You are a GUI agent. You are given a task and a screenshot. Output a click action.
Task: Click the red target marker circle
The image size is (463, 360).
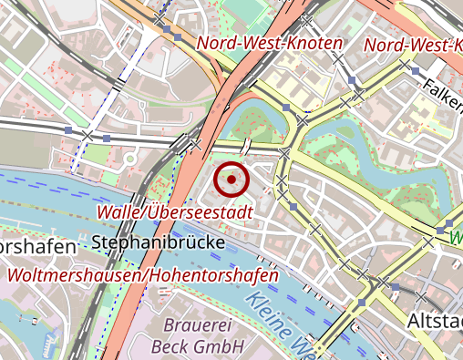tap(231, 180)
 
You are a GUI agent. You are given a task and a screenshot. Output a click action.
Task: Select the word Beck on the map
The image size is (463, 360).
tap(169, 346)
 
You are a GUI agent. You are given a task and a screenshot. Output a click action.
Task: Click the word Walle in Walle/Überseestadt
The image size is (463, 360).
tap(119, 211)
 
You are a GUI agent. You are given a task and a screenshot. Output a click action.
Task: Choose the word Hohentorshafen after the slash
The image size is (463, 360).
tap(208, 274)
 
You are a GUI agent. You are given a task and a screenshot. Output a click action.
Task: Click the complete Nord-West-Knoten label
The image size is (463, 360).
tap(270, 43)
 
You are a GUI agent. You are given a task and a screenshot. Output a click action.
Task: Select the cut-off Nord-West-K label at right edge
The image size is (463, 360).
tap(413, 45)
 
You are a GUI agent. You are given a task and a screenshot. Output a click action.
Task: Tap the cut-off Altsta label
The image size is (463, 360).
tap(435, 323)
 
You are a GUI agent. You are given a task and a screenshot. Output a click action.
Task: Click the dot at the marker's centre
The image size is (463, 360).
tap(231, 180)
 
